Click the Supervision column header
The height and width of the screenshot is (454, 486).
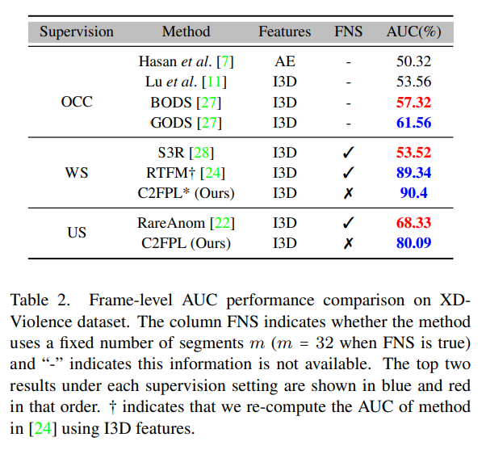pos(77,32)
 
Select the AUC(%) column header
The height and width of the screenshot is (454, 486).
pos(413,32)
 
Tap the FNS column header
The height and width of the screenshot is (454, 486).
pos(349,32)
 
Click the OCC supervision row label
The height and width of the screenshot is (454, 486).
pos(77,103)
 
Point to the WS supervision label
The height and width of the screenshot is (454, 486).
pos(77,173)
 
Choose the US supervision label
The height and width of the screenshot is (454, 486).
pos(77,233)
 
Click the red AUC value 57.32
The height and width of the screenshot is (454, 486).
pos(413,103)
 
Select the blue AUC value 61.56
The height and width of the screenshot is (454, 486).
pos(413,124)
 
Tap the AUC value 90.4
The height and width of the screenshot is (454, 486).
pos(413,194)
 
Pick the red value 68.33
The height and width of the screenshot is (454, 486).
pos(413,222)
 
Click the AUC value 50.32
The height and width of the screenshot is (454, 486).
pos(413,61)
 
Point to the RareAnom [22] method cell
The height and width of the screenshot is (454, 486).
pos(186,222)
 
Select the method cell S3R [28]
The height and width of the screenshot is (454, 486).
pos(186,152)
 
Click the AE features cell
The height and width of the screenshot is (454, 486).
pos(284,61)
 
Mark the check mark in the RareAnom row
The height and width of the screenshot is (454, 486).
pos(349,222)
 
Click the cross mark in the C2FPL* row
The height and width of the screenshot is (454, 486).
pos(349,194)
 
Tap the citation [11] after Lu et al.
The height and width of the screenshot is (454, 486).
pos(215,82)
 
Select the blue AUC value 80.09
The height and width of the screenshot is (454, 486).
pos(413,243)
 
